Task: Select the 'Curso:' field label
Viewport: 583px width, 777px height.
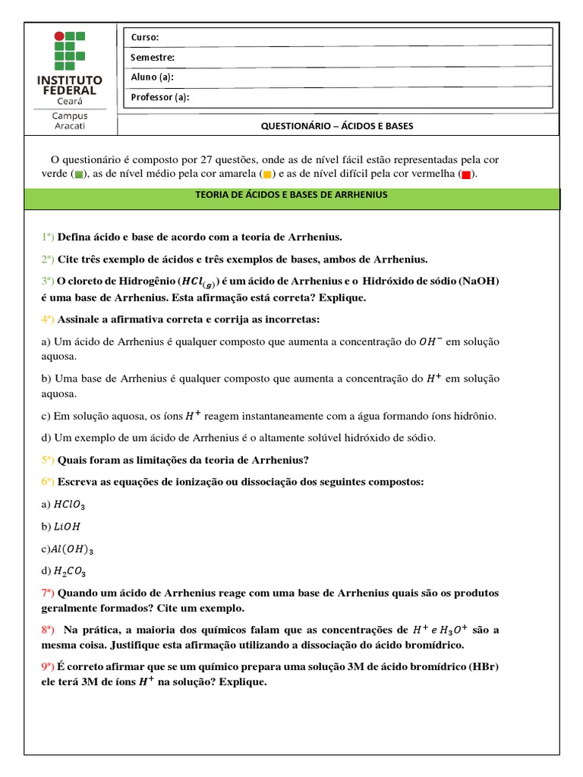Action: (x=145, y=37)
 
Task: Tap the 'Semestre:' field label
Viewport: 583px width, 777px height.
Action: (x=153, y=57)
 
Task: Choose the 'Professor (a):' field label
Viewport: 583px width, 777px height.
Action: (x=160, y=96)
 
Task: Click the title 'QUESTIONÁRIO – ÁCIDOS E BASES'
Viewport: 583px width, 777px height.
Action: (x=337, y=126)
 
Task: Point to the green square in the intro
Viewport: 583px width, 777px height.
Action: (x=80, y=175)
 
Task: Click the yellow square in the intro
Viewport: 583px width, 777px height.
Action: (x=267, y=175)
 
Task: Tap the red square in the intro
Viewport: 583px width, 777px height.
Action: (x=465, y=175)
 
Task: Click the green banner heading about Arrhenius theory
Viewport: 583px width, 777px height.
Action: (x=291, y=195)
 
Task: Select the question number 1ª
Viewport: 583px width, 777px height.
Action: (x=48, y=237)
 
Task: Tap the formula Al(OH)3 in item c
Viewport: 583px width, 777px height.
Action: (x=73, y=549)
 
